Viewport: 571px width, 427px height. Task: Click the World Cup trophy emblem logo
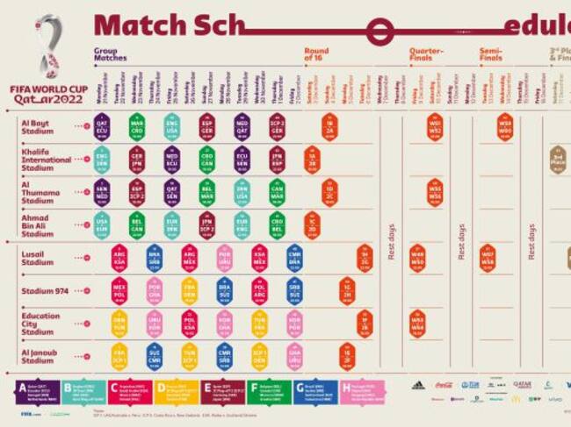[x=47, y=47]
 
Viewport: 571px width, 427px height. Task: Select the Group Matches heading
[x=111, y=54]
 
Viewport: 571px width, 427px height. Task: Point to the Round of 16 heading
[x=316, y=54]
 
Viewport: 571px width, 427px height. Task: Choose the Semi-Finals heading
[x=491, y=54]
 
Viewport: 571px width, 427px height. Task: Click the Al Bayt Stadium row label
[x=39, y=126]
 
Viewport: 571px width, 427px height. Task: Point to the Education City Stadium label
[x=40, y=323]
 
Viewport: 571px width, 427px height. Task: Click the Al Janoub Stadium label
[x=39, y=355]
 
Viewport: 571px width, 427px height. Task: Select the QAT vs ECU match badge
[x=102, y=126]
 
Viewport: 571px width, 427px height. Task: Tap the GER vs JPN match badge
[x=137, y=160]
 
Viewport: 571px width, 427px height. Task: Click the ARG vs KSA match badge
[x=119, y=258]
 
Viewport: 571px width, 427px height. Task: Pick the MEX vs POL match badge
[x=119, y=289]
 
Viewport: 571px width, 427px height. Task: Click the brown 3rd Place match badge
[x=558, y=160]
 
